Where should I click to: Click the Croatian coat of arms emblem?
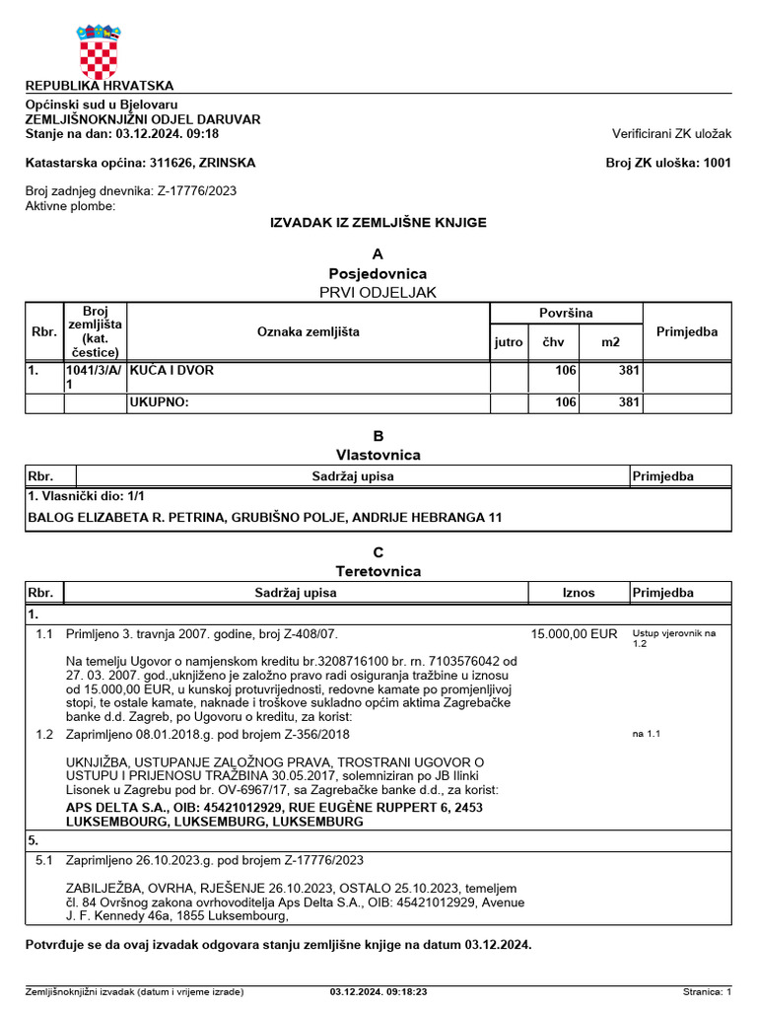(99, 50)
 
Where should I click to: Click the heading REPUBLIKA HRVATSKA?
(100, 86)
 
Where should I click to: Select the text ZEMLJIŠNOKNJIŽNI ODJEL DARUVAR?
(143, 119)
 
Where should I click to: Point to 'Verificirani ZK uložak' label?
(671, 133)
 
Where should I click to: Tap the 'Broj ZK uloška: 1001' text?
(667, 163)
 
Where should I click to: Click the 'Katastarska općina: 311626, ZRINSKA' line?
(140, 163)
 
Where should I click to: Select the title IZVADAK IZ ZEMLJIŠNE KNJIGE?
(378, 223)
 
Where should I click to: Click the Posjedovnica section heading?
(378, 273)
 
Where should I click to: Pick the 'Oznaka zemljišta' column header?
(309, 331)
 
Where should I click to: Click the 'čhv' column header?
(552, 342)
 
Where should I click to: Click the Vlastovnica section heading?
(378, 455)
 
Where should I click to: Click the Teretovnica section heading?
(378, 571)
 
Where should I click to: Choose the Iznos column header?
(579, 593)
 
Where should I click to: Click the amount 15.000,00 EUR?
(574, 634)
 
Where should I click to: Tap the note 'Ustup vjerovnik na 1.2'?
(674, 637)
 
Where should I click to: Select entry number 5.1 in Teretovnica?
(43, 860)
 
